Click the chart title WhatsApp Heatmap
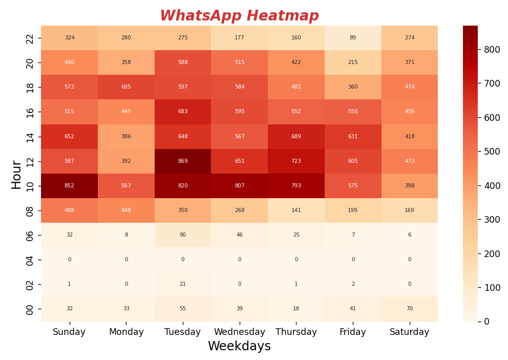coord(239,16)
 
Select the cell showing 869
coord(183,161)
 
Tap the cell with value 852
coord(69,186)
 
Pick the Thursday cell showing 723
coord(296,161)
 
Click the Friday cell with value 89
coord(353,38)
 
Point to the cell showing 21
coord(183,284)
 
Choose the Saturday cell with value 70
coord(410,309)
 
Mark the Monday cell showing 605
coord(126,87)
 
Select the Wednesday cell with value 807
coord(240,186)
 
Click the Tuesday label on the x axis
coord(183,332)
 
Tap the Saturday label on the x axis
coord(410,332)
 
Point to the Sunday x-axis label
coord(69,332)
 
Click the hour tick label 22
coord(30,38)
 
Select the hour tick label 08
coord(30,210)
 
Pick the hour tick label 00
coord(30,309)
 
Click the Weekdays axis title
coord(239,347)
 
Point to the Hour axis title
coord(16,174)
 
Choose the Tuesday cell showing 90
coord(183,235)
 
